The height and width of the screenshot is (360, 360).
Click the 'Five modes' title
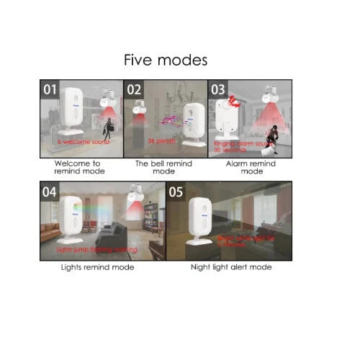tap(165, 58)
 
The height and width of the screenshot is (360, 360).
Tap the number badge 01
tap(50, 89)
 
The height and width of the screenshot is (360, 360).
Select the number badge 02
tap(135, 89)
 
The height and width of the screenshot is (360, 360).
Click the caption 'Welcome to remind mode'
tap(80, 168)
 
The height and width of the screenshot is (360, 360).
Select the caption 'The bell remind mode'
tap(164, 168)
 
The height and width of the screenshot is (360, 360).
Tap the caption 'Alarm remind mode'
tap(251, 168)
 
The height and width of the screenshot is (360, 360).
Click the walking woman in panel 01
tap(108, 130)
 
